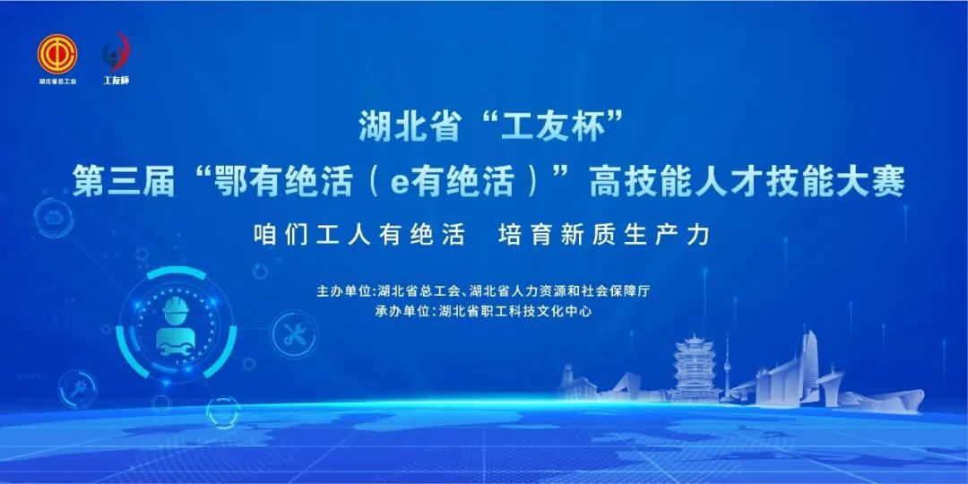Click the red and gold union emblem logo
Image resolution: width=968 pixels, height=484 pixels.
[x=57, y=54]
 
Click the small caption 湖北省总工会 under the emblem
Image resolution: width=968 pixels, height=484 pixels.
[x=57, y=81]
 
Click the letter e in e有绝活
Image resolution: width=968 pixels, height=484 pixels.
[x=400, y=185]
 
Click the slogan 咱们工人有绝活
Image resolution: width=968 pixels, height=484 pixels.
[x=359, y=235]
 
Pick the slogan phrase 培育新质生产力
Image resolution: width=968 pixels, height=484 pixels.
[x=604, y=235]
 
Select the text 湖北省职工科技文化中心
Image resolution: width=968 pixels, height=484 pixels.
[x=514, y=312]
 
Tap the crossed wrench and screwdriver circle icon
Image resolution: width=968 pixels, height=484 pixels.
[x=295, y=334]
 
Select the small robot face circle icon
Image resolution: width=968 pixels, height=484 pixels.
[x=54, y=218]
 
